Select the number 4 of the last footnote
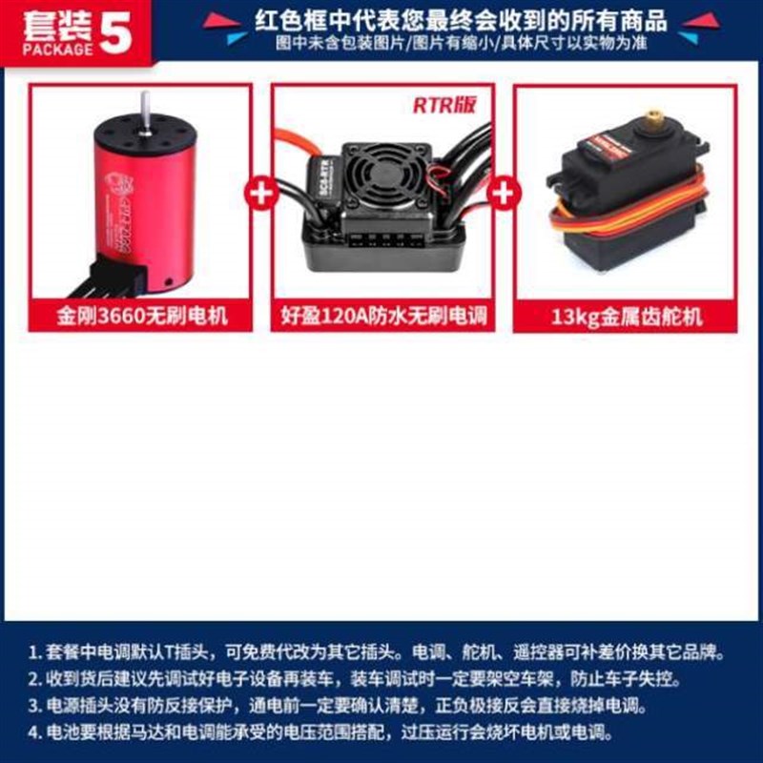coord(33,733)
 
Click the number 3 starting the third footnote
coord(33,707)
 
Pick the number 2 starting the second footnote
coord(33,680)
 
